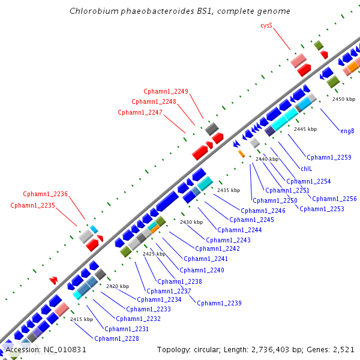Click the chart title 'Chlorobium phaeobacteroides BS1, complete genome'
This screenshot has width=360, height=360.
[180, 11]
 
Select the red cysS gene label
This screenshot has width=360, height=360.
[266, 25]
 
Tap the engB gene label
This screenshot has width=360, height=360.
[347, 131]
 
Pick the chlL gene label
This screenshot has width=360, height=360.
[306, 169]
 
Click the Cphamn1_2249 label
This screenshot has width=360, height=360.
[166, 91]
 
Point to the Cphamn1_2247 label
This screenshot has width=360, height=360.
[140, 112]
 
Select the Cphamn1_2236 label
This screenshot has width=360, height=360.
[46, 194]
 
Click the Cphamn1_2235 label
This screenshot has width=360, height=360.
[32, 205]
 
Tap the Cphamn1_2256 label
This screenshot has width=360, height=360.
[334, 199]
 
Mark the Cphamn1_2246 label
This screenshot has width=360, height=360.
[263, 211]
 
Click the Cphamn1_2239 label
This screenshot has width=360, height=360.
[219, 303]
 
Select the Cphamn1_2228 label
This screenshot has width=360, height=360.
[116, 338]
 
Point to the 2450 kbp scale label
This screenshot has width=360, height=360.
[344, 99]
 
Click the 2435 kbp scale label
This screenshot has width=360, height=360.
[228, 190]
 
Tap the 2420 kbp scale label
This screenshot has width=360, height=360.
[118, 286]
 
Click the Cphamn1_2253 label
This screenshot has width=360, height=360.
[322, 209]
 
